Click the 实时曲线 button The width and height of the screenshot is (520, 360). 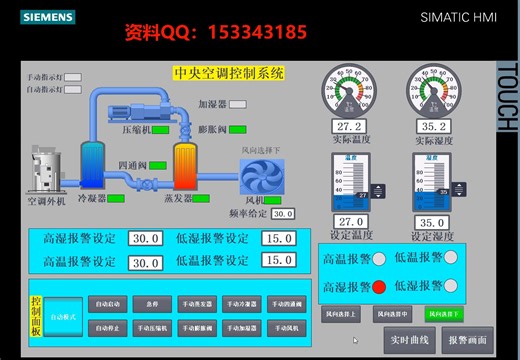click(x=409, y=338)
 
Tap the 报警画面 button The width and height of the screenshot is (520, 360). click(x=468, y=338)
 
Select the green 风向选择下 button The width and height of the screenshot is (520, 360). click(x=444, y=314)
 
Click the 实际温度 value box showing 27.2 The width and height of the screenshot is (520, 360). click(x=349, y=127)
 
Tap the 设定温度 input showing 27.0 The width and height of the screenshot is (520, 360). click(x=350, y=222)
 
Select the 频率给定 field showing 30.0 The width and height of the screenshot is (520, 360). click(x=283, y=213)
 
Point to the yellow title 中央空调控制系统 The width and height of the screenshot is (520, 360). click(x=229, y=73)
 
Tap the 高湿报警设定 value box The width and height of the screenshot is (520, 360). click(x=145, y=238)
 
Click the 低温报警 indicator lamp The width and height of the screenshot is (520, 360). click(x=450, y=258)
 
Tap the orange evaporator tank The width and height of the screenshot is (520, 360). click(x=185, y=162)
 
